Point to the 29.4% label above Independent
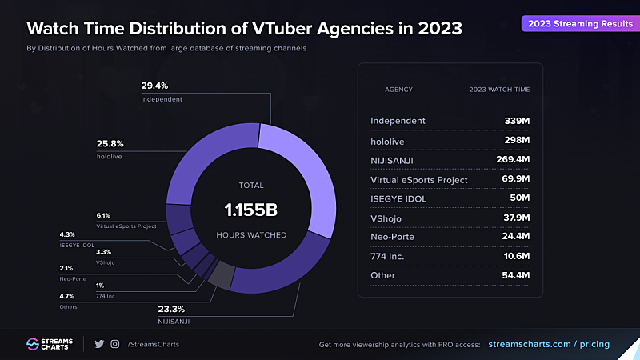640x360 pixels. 155,86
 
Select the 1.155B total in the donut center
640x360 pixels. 250,210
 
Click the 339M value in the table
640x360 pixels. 516,121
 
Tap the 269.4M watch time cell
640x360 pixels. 510,160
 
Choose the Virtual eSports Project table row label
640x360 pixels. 419,180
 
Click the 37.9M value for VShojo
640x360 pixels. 513,218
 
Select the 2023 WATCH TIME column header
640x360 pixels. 498,89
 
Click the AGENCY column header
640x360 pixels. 398,89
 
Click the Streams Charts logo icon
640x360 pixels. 33,344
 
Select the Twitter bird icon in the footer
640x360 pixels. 99,344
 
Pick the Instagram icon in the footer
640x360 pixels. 116,344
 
